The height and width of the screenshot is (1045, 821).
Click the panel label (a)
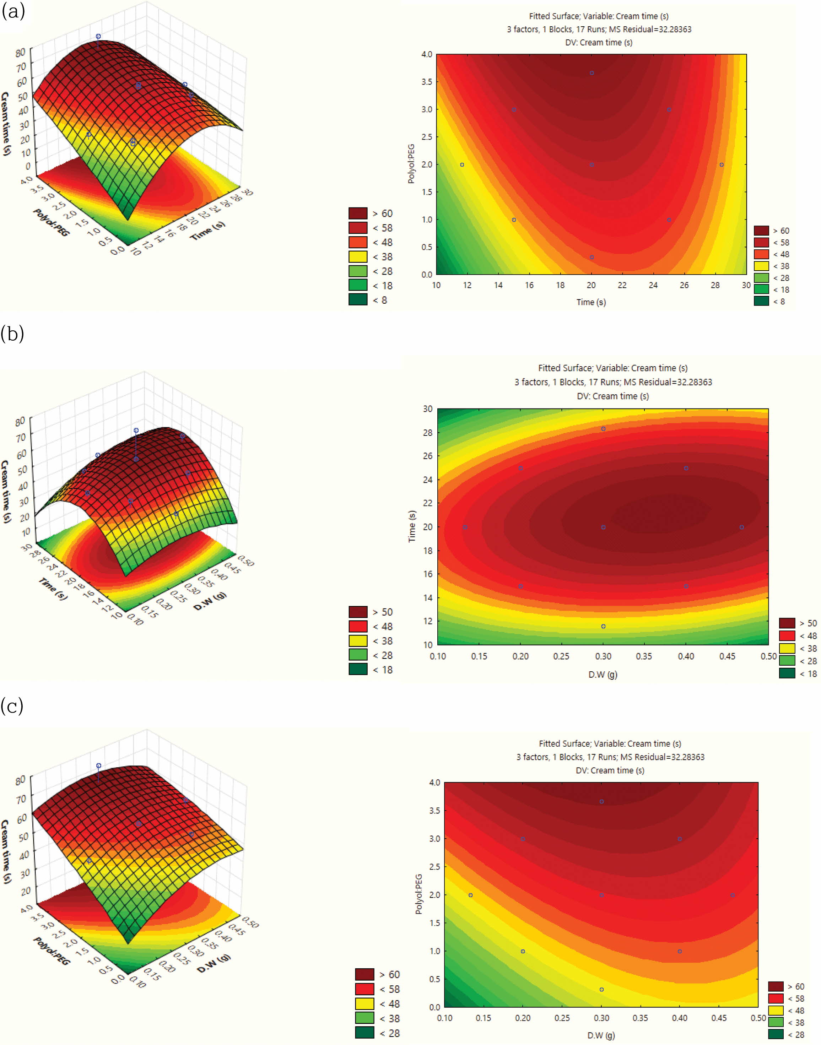[13, 11]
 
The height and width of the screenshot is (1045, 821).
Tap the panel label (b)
[12, 334]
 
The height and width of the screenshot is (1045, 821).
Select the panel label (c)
[12, 706]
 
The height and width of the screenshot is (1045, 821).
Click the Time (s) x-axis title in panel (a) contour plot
[591, 302]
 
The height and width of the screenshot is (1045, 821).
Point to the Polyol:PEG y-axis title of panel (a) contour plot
[411, 164]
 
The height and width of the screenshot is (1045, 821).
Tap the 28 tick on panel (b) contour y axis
[427, 432]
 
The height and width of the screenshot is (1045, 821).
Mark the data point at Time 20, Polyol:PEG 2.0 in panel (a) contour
[591, 165]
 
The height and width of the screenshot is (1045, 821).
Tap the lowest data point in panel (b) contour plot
[603, 626]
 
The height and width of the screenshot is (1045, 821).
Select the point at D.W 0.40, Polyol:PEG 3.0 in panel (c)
[680, 839]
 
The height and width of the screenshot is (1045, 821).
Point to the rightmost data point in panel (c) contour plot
[733, 895]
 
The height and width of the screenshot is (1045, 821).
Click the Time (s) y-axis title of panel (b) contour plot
[412, 526]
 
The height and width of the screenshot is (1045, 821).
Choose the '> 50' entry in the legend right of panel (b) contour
[798, 623]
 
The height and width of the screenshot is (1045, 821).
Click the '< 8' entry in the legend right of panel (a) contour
[769, 301]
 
